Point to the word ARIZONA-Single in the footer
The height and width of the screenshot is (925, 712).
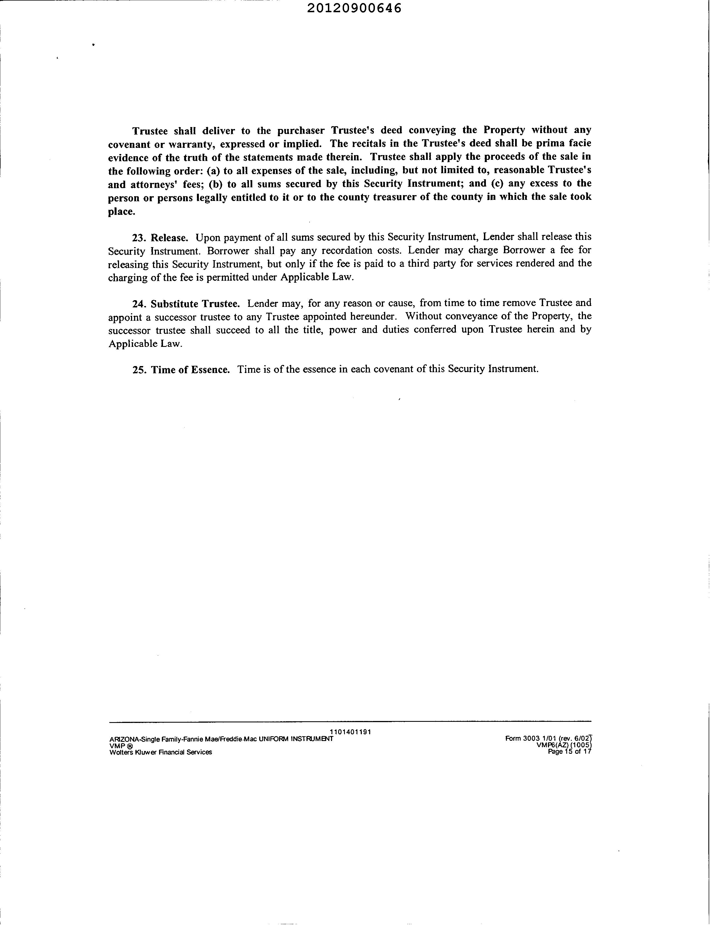(132, 739)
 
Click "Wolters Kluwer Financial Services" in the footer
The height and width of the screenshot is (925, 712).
(161, 752)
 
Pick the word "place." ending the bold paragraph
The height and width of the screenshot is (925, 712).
(122, 212)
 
